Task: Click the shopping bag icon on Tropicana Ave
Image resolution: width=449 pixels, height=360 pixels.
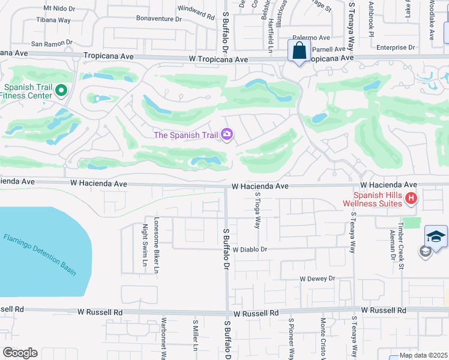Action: click(298, 52)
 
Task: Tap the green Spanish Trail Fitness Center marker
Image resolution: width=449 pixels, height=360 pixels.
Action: click(61, 91)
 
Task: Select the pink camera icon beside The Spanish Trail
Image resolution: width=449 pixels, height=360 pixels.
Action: click(227, 134)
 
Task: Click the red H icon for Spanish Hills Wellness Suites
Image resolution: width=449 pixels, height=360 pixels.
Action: click(411, 198)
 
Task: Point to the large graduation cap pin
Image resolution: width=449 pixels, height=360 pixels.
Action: click(436, 236)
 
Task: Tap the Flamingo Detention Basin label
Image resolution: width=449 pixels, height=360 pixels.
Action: click(40, 254)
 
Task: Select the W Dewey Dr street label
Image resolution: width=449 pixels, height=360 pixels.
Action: click(317, 279)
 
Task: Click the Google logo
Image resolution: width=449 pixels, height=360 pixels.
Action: click(20, 353)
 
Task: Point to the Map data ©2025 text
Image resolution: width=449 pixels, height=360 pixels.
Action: click(423, 355)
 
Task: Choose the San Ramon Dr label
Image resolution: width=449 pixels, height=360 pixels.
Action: click(52, 43)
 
